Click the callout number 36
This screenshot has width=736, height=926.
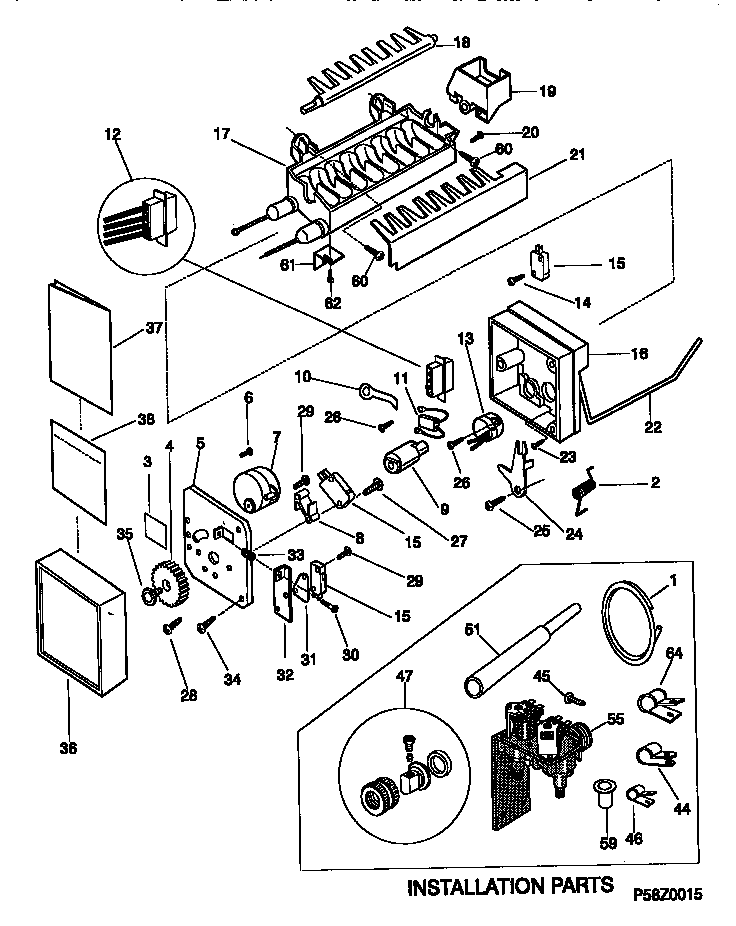point(67,747)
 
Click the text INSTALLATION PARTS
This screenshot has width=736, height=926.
point(510,886)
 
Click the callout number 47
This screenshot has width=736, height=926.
point(406,677)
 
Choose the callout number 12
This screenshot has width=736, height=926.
point(112,135)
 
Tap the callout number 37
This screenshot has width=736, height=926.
point(153,327)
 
